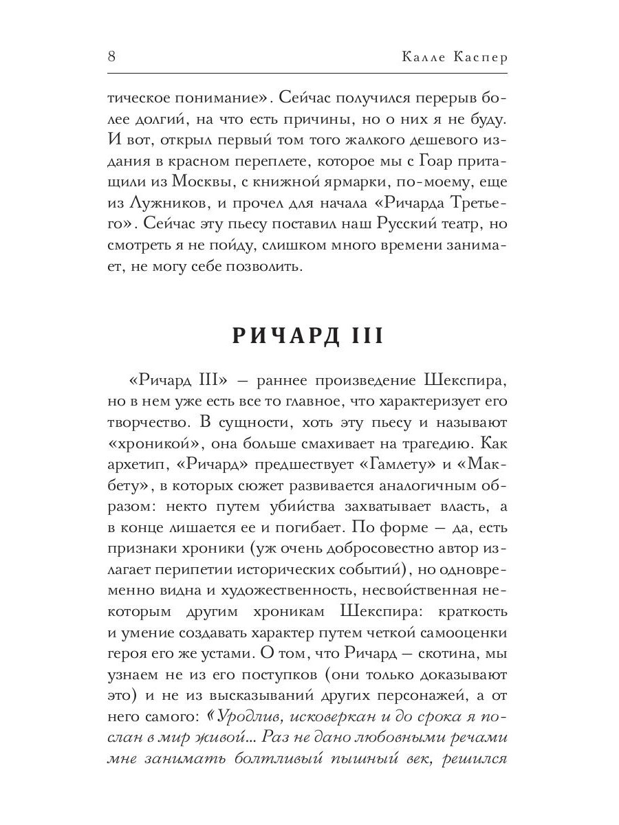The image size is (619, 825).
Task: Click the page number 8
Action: click(x=111, y=57)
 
